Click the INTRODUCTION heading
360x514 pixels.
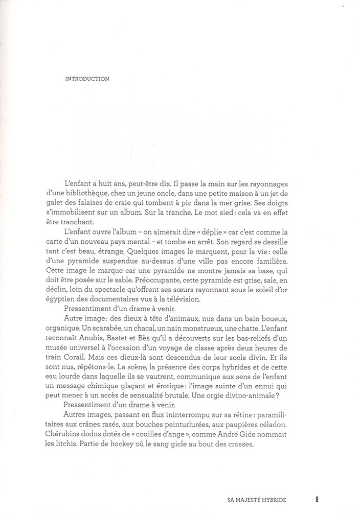(87, 79)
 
